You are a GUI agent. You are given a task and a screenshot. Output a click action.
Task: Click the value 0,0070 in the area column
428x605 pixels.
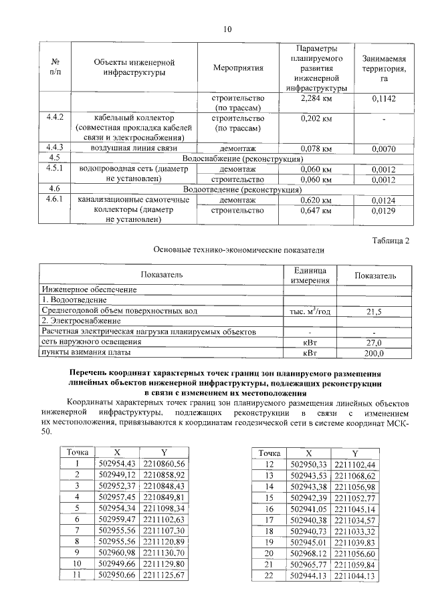(x=384, y=148)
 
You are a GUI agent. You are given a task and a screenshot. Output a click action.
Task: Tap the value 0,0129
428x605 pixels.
(x=384, y=211)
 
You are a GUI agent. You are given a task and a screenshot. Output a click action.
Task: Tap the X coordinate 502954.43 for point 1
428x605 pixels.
(x=117, y=464)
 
